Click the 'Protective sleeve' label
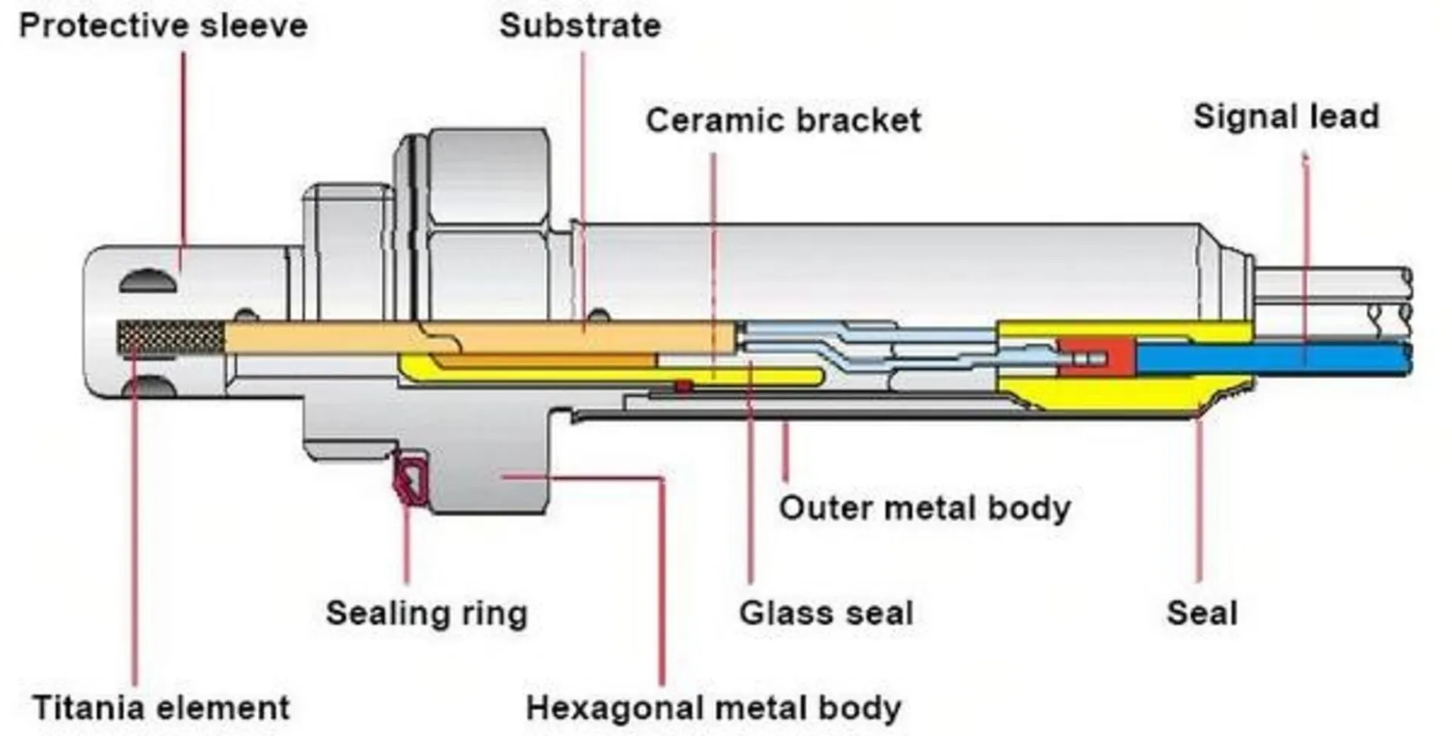point(163,26)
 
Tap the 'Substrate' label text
point(580,26)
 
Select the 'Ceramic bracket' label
point(783,120)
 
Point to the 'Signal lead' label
point(1286,116)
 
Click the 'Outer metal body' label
point(924,508)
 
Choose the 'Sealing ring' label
point(427,613)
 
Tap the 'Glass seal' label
point(826,613)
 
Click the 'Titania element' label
point(161,708)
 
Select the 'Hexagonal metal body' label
point(713,708)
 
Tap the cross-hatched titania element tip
point(170,337)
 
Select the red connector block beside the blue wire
point(1097,358)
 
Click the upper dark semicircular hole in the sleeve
point(148,282)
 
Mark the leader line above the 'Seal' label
point(1199,499)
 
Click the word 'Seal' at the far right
point(1202,613)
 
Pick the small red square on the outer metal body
point(684,387)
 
